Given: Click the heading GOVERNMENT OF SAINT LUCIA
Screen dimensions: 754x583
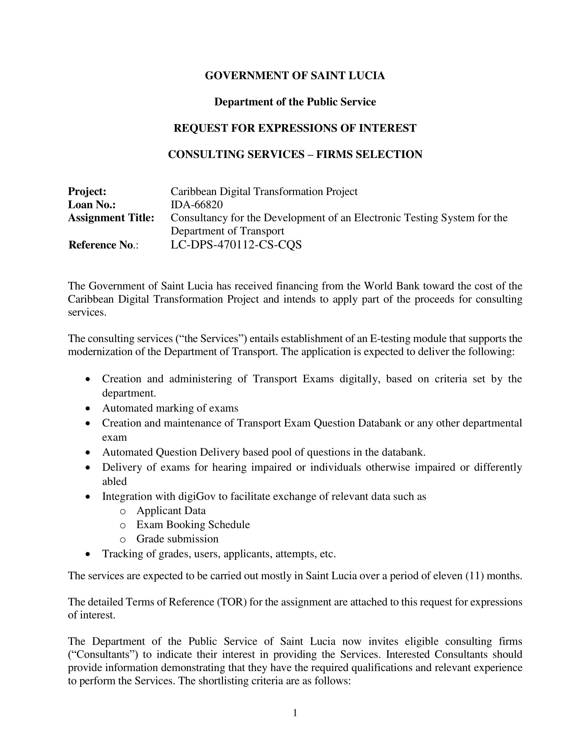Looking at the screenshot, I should (x=295, y=76).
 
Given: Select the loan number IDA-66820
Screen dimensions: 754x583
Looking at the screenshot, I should (x=197, y=205).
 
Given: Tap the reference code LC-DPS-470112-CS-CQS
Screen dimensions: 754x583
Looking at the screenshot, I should (x=236, y=245).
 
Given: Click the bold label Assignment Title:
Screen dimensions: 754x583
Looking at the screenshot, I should (x=111, y=218).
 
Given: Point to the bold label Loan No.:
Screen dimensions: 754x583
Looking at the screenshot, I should (x=92, y=205).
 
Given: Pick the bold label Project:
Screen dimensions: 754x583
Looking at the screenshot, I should (x=87, y=192).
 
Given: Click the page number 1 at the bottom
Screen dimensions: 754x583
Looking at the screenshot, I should (x=295, y=713).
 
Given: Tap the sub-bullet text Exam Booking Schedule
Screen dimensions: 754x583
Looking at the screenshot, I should (x=193, y=524).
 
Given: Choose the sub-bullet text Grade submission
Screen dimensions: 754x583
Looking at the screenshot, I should (x=177, y=538).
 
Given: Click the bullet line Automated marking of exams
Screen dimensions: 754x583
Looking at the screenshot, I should (x=170, y=408).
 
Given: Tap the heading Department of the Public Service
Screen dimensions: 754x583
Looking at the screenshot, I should (x=295, y=102).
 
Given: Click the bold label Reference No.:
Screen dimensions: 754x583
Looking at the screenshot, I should (x=103, y=245).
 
